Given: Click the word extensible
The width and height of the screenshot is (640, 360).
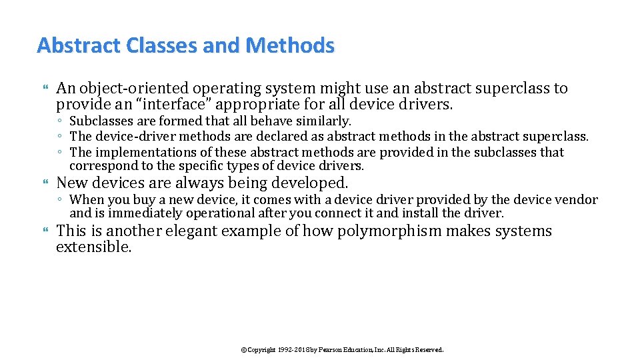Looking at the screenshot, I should (x=93, y=247).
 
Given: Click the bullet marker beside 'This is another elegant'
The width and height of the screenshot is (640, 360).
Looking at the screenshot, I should (x=46, y=231).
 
